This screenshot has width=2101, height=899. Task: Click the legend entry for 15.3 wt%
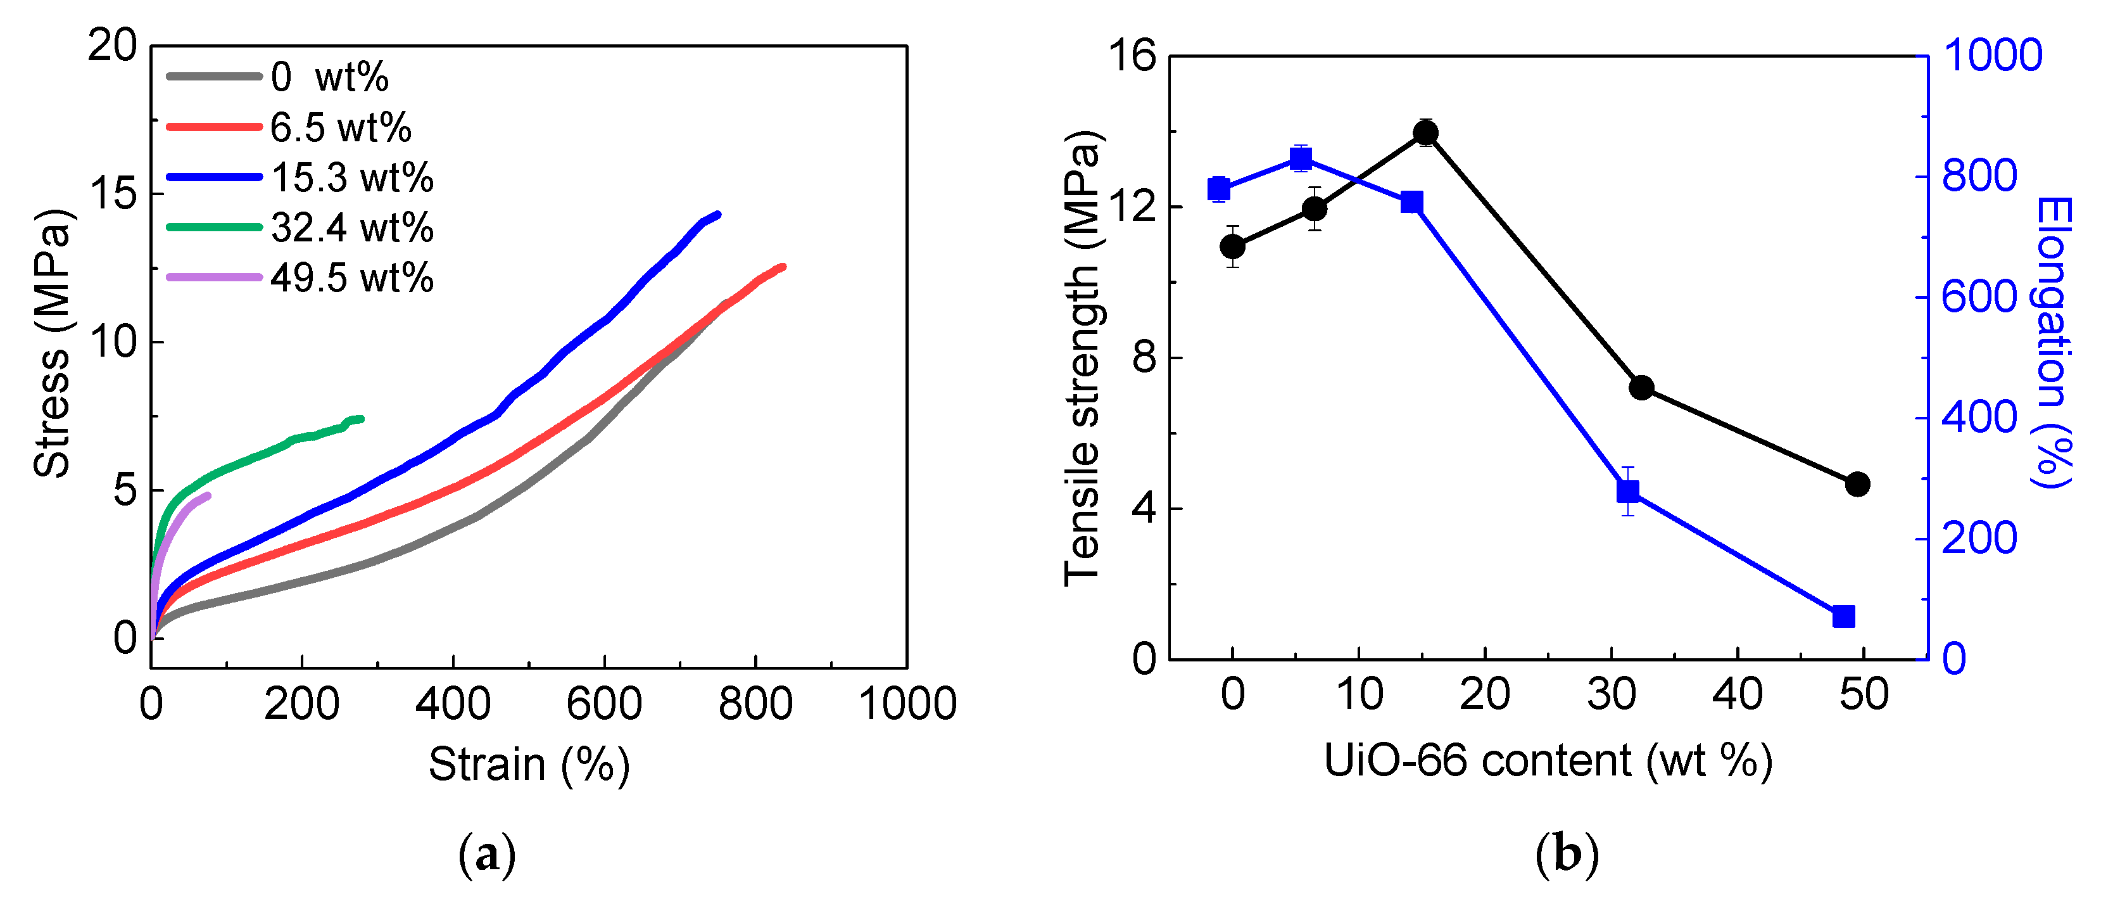(351, 178)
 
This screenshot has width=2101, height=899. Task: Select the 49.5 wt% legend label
(351, 278)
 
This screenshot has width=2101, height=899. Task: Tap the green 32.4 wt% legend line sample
(213, 227)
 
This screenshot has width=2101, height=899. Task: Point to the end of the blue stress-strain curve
(717, 215)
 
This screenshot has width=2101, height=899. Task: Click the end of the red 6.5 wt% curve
(783, 267)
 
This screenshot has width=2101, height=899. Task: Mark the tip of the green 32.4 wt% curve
(362, 419)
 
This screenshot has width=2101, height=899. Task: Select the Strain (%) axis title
(529, 765)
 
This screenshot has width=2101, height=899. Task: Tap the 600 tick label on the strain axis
(604, 704)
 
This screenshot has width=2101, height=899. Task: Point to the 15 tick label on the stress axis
(113, 193)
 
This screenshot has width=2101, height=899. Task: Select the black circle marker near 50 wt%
(1858, 485)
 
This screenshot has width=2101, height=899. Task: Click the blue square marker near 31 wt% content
(1628, 491)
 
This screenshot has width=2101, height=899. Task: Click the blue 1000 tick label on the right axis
(1993, 56)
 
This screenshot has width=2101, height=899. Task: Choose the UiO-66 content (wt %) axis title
(1547, 760)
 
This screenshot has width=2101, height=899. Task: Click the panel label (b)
(1567, 855)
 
